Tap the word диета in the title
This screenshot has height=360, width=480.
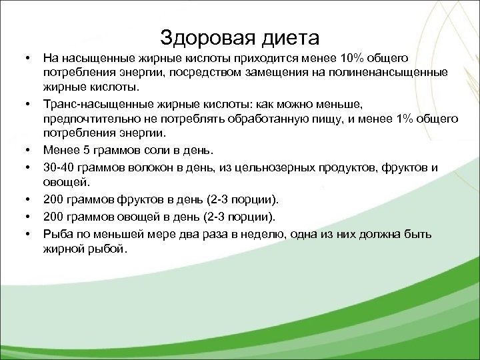288,37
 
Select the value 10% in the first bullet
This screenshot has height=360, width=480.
351,59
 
